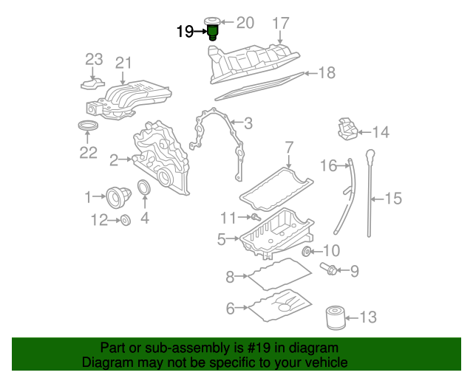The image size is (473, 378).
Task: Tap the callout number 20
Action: point(244,22)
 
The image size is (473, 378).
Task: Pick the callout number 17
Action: point(281,23)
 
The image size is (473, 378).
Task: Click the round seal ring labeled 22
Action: point(88,128)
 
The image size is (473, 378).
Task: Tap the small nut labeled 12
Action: point(125,219)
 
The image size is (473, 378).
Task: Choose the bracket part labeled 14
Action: point(347,130)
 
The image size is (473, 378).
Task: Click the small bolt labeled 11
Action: point(253,217)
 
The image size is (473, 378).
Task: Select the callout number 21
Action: point(123,63)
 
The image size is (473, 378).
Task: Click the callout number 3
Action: point(248,123)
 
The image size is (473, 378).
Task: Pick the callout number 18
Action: point(327,72)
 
